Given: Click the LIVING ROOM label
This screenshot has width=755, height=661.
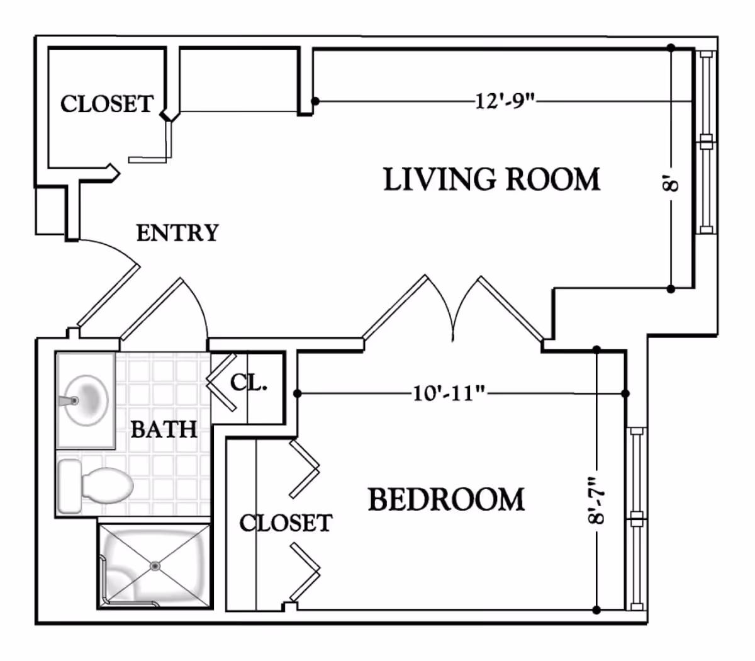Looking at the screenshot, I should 491,179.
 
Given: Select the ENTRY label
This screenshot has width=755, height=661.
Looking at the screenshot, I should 177,233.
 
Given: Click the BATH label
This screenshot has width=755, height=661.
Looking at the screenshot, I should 164,429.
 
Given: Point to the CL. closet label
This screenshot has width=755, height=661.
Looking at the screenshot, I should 249,382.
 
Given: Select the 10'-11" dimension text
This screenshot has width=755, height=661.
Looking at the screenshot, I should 449,394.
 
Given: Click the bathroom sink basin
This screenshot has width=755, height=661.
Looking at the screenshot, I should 88,400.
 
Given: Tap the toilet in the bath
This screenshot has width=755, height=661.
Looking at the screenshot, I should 104,485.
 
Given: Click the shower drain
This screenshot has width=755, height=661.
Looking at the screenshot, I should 155,566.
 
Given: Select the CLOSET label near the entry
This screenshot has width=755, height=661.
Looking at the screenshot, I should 107,103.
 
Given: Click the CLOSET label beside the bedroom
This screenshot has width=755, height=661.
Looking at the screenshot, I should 286,523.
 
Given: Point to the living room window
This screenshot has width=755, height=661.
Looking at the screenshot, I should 706,142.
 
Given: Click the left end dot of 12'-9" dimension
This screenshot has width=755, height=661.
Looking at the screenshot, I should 315,101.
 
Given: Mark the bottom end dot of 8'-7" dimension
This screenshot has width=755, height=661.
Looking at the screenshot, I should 596,609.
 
